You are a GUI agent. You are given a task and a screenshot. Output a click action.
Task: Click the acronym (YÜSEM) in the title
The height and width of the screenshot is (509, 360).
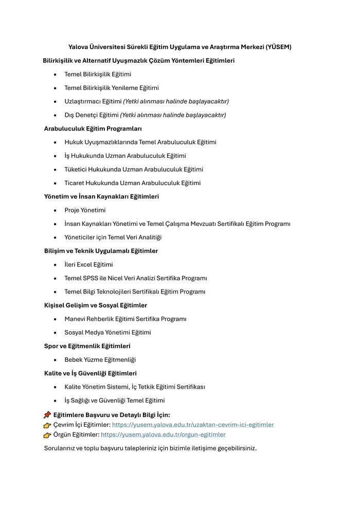point(278,47)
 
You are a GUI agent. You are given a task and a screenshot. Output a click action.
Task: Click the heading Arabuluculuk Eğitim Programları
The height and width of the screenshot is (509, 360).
point(93,129)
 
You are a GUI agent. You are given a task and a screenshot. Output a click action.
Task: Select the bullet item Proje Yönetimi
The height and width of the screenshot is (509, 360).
point(85,210)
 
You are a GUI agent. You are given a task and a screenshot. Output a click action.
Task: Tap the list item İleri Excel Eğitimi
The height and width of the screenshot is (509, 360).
point(88,265)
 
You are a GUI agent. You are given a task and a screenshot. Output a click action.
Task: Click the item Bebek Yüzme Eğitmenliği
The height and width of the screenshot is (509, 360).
point(100,360)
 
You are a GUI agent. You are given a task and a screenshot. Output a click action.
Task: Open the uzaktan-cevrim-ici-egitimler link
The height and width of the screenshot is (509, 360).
point(193,425)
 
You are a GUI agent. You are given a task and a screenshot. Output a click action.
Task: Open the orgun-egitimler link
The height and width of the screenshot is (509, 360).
point(163,434)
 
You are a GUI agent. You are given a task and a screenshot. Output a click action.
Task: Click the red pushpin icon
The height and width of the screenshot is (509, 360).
point(47,414)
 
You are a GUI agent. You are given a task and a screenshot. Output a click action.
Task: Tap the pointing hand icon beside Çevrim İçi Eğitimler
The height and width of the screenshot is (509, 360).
point(47,425)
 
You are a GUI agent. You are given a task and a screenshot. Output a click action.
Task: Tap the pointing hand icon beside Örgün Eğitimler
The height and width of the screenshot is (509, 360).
point(47,435)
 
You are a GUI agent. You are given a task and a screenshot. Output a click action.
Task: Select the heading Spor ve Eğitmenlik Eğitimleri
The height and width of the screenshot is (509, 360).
point(87,346)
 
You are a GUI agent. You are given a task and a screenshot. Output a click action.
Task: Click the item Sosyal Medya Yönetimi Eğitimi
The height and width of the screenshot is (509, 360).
point(107,333)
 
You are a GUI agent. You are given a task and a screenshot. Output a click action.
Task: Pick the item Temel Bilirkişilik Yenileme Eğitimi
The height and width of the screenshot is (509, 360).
point(112,88)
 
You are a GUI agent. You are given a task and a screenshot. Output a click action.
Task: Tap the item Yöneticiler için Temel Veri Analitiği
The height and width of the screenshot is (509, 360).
point(113,238)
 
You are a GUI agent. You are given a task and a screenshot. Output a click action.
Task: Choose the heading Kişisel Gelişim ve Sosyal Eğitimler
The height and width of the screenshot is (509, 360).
point(96,305)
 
